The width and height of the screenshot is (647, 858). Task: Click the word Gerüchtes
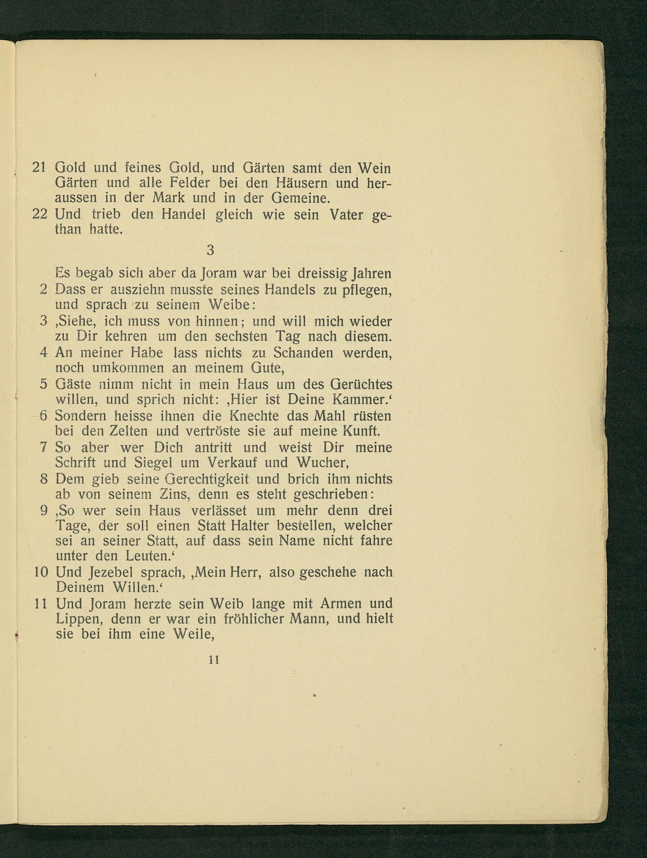coord(361,384)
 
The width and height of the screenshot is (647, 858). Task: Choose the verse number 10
coord(41,572)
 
